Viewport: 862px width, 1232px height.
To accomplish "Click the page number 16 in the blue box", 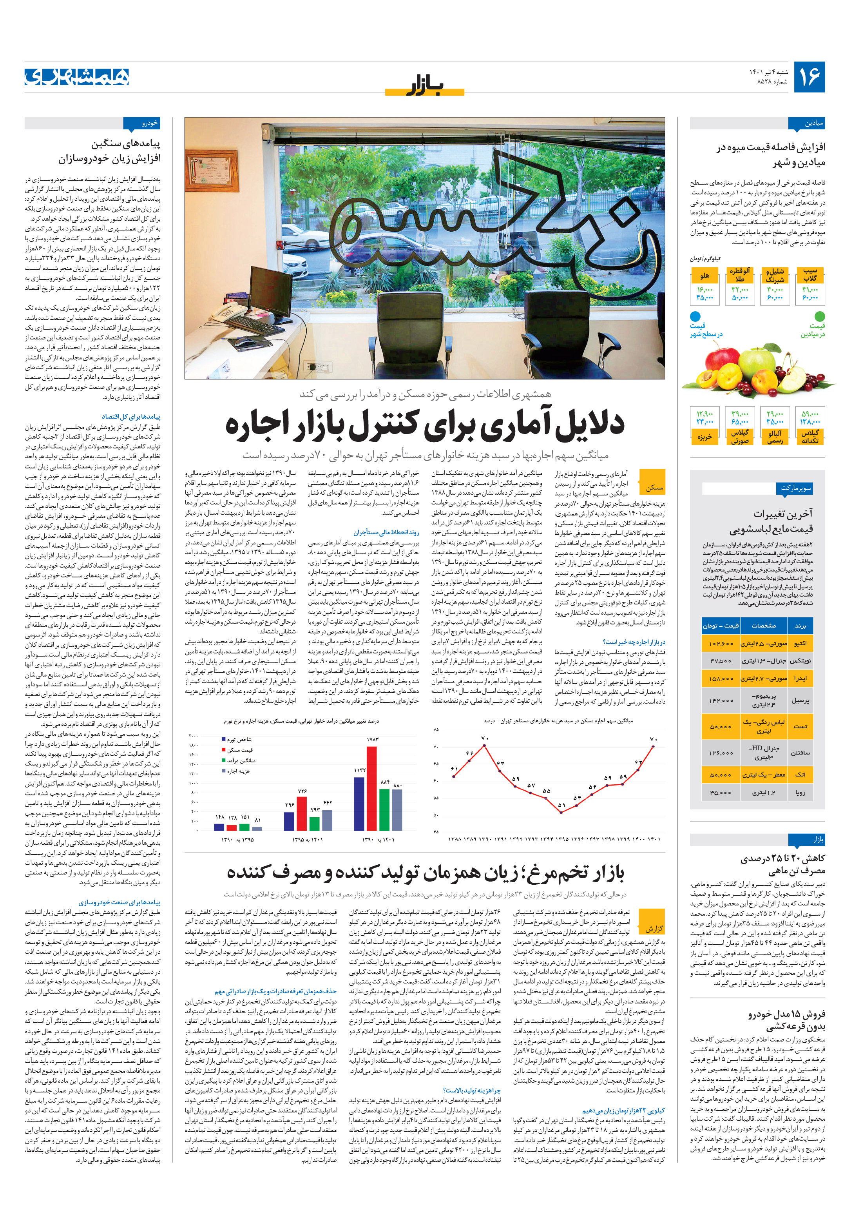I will tap(809, 77).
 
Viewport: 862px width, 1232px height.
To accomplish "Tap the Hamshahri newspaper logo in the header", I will tap(77, 77).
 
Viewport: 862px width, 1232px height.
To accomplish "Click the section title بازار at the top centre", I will tap(424, 86).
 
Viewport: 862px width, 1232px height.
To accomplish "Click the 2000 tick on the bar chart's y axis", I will tap(193, 736).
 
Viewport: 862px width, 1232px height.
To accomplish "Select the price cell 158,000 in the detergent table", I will tap(721, 678).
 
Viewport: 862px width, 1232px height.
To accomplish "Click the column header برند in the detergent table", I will tap(800, 626).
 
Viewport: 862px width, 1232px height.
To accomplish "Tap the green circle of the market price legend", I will tap(819, 316).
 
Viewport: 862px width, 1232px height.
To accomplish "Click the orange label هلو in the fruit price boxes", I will tap(704, 275).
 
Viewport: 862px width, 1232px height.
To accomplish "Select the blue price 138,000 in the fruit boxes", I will tap(809, 422).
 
